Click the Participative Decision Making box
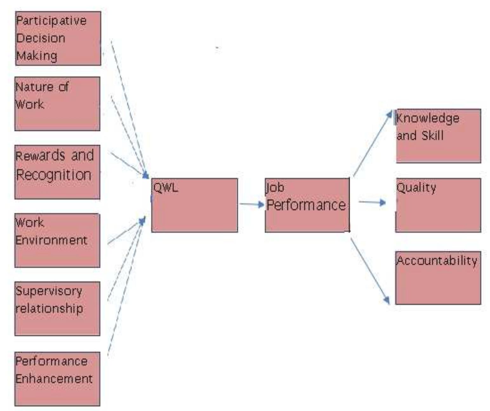pyautogui.click(x=58, y=38)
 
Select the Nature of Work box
pyautogui.click(x=57, y=104)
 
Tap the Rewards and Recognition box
pyautogui.click(x=57, y=172)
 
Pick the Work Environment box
pyautogui.click(x=57, y=240)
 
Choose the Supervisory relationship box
pyautogui.click(x=57, y=308)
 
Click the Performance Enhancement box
pyautogui.click(x=57, y=379)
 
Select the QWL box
pyautogui.click(x=194, y=205)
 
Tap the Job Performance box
pyautogui.click(x=307, y=205)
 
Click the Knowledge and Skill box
pyautogui.click(x=438, y=136)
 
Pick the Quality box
pyautogui.click(x=438, y=205)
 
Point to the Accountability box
pyautogui.click(x=438, y=278)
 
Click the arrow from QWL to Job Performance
pyautogui.click(x=252, y=204)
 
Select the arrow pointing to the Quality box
pyautogui.click(x=372, y=202)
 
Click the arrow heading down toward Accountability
pyautogui.click(x=370, y=271)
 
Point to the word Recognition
pyautogui.click(x=54, y=175)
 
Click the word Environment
pyautogui.click(x=51, y=240)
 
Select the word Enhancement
pyautogui.click(x=54, y=379)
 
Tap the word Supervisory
pyautogui.click(x=49, y=291)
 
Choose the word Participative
pyautogui.click(x=51, y=21)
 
